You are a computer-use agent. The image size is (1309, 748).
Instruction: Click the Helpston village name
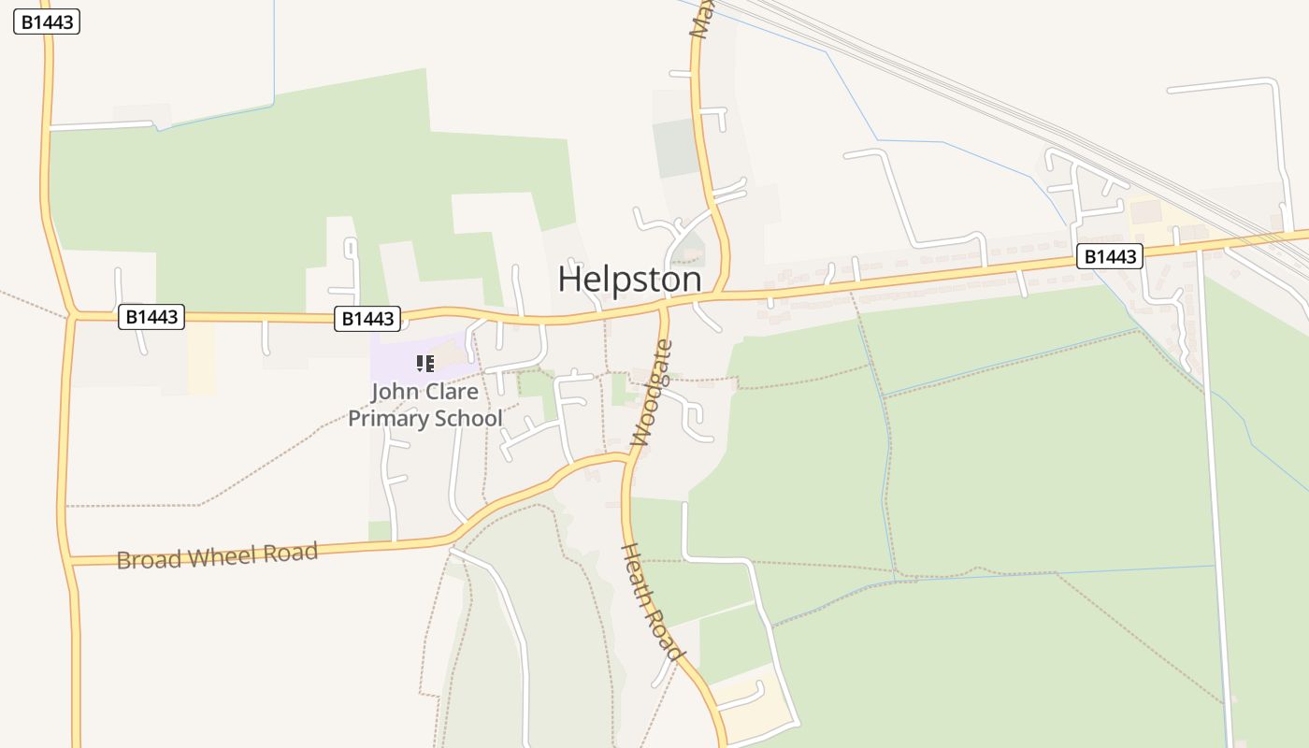[629, 280]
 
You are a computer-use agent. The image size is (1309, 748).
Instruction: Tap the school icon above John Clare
[425, 364]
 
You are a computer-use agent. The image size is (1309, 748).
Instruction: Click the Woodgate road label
[652, 393]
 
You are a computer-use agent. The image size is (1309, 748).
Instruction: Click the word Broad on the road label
[149, 560]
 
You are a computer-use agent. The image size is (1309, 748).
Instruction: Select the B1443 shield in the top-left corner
[47, 22]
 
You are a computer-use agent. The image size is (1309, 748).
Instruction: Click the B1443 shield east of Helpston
[1110, 256]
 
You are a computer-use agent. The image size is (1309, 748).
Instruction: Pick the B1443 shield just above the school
[367, 319]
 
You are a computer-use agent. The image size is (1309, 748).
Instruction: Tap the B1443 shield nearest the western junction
[151, 317]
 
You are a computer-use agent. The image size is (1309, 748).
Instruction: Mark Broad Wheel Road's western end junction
[70, 562]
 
